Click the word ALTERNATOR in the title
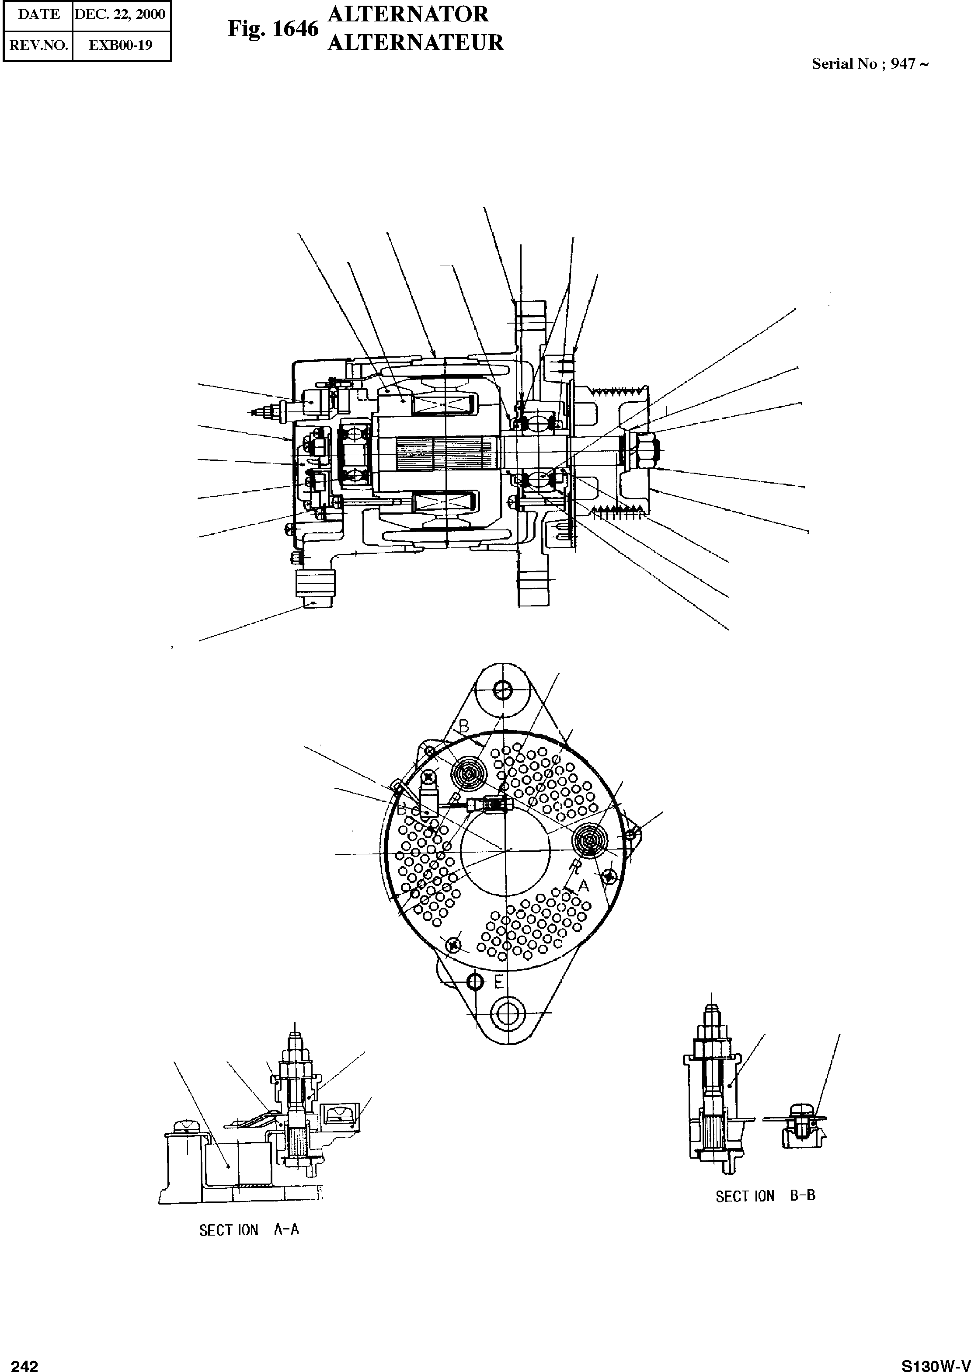tap(408, 14)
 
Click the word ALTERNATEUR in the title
tap(415, 42)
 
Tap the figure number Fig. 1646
tap(273, 29)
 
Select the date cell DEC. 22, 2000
tap(120, 14)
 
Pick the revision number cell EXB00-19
tap(120, 45)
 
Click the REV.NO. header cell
tap(38, 45)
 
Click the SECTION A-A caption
tap(249, 1230)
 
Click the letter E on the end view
tap(499, 982)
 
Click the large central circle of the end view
tap(505, 850)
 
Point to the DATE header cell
tap(38, 14)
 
